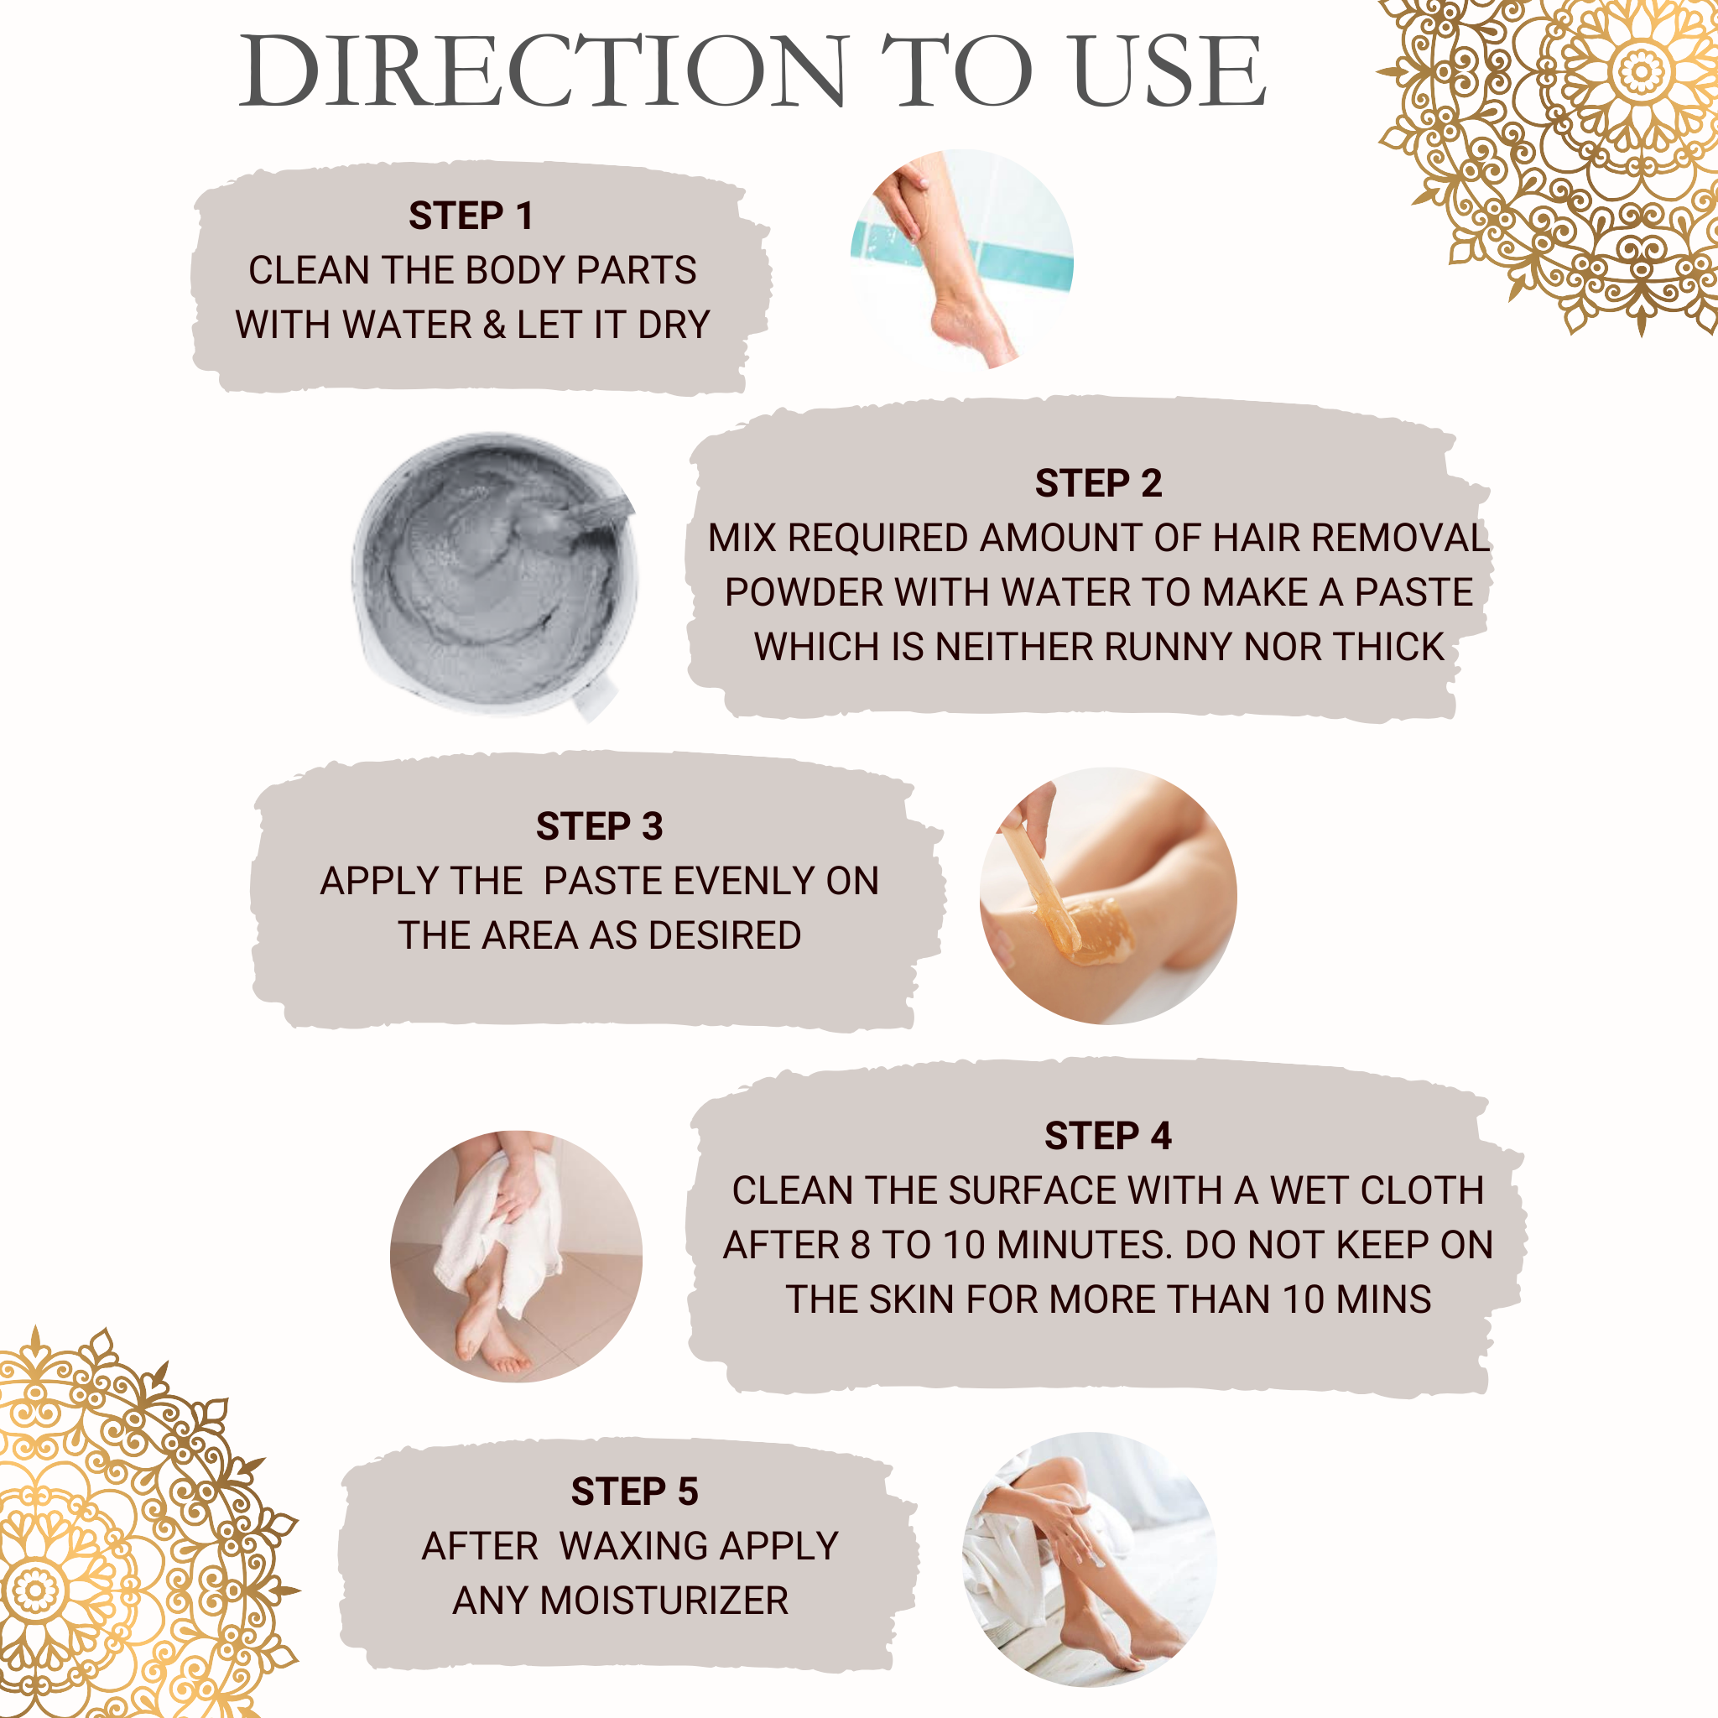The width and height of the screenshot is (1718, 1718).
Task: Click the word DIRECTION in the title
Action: tap(544, 71)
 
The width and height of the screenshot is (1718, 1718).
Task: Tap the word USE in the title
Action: tap(1169, 71)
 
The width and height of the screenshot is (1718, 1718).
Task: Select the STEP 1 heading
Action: tap(471, 216)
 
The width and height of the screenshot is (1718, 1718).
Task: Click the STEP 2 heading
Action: tap(1098, 483)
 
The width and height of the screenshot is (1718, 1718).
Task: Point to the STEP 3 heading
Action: tap(599, 826)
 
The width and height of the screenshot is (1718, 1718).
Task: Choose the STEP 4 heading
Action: tap(1108, 1136)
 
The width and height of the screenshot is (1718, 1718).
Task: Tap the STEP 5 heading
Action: tap(634, 1492)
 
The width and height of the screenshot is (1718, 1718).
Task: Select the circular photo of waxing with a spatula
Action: tap(1108, 895)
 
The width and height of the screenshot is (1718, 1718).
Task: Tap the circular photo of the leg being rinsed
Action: tap(962, 258)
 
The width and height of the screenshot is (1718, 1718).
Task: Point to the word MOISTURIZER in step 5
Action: tap(664, 1601)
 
